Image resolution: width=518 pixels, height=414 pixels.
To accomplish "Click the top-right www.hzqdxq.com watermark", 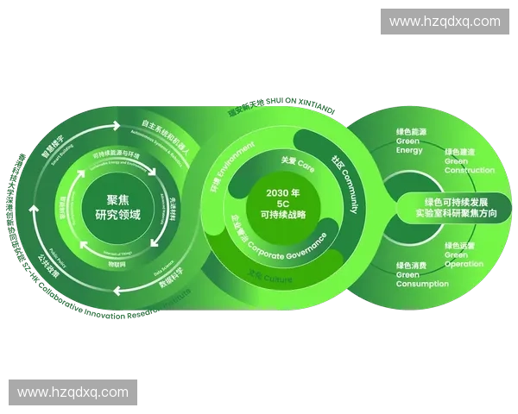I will click(x=445, y=22).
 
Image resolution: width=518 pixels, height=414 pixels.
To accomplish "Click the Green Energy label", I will click(x=411, y=141).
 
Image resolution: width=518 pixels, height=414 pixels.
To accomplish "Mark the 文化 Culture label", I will click(x=270, y=278).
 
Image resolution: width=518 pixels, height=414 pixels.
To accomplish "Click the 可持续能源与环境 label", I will click(x=116, y=155).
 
